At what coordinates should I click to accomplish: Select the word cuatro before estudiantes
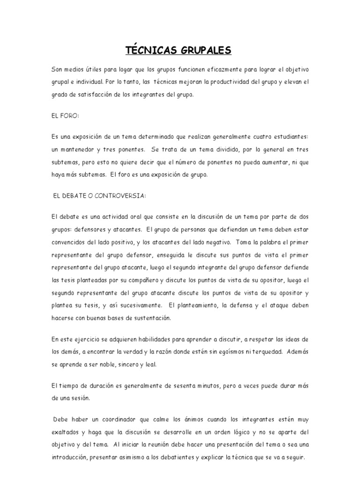[x=264, y=136]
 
